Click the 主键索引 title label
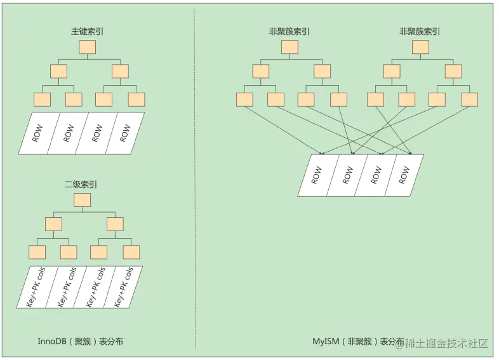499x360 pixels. click(88, 31)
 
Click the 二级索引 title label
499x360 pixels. click(81, 185)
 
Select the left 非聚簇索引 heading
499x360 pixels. click(289, 31)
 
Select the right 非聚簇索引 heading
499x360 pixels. click(420, 31)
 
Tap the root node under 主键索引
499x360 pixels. click(88, 48)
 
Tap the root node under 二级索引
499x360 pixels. click(83, 200)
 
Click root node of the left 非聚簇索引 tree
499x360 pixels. click(290, 48)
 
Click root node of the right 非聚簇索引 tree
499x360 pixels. click(420, 48)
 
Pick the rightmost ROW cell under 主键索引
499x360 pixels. click(125, 133)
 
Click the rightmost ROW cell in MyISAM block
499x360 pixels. click(404, 175)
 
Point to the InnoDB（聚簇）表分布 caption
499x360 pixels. click(81, 341)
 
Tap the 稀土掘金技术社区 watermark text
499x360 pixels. click(448, 343)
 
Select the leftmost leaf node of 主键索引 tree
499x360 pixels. click(43, 100)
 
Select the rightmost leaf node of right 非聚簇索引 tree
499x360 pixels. click(469, 100)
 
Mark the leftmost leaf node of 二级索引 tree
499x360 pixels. click(37, 251)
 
